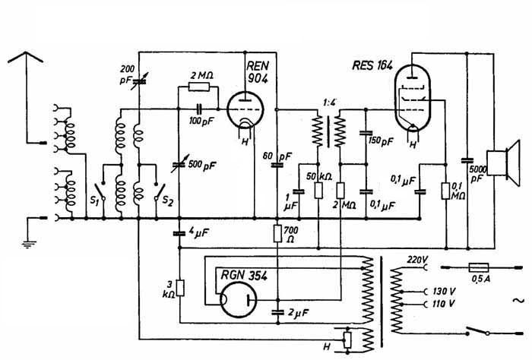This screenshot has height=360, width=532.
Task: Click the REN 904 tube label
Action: tap(258, 72)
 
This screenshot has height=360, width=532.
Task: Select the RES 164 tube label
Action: tap(372, 65)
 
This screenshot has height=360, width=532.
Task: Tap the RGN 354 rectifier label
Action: tap(244, 275)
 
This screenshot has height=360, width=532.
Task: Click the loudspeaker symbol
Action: tap(503, 163)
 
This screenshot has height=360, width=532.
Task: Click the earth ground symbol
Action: tap(29, 243)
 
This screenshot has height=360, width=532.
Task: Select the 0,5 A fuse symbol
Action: tap(479, 267)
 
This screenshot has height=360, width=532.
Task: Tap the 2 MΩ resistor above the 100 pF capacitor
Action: tap(199, 87)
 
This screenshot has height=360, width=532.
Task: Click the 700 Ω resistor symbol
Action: tap(277, 234)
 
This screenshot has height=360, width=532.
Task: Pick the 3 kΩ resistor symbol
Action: tap(181, 288)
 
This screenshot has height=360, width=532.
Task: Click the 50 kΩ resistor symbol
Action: tap(318, 190)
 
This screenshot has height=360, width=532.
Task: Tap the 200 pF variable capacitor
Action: tap(139, 81)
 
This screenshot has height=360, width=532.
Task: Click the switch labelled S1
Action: tap(101, 191)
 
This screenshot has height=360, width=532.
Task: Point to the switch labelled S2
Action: tap(160, 192)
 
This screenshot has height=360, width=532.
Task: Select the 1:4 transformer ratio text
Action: tap(328, 102)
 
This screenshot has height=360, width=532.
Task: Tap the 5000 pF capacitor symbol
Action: tap(467, 160)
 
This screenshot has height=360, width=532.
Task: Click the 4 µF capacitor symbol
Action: tap(179, 234)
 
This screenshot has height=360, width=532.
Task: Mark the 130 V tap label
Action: tap(444, 291)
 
